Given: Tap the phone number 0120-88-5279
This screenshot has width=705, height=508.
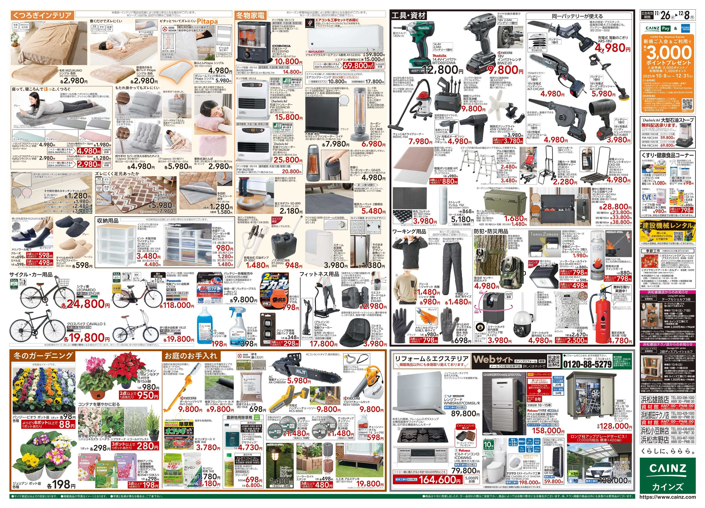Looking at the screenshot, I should click(587, 364).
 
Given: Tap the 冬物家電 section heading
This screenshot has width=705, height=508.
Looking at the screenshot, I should click(251, 15).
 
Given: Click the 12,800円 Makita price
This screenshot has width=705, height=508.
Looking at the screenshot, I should click(445, 70).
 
